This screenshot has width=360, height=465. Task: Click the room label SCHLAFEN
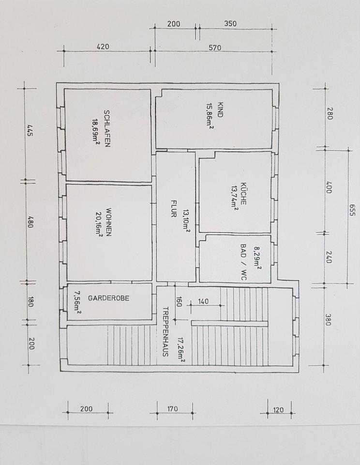[x=107, y=129]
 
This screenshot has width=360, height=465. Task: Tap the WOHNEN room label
[x=109, y=222]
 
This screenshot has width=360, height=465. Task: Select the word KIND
[x=220, y=110]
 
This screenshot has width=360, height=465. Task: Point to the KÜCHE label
[x=243, y=193]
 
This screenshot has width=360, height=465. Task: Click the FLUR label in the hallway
[x=173, y=209]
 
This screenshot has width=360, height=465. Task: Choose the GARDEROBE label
[x=109, y=298]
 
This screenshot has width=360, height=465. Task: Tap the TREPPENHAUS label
[x=165, y=331]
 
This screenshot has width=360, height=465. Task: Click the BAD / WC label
[x=243, y=262]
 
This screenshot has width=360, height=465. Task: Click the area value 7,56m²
[x=77, y=302]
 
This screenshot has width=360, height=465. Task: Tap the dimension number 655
[x=351, y=210]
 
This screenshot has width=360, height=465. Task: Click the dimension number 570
[x=215, y=47]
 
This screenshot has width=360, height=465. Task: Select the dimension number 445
[x=30, y=131]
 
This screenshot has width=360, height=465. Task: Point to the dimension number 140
[x=203, y=302]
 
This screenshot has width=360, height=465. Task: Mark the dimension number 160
[x=179, y=302]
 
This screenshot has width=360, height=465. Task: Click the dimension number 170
[x=172, y=409]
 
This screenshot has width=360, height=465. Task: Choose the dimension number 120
[x=278, y=410]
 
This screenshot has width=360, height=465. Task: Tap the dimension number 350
[x=230, y=23]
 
